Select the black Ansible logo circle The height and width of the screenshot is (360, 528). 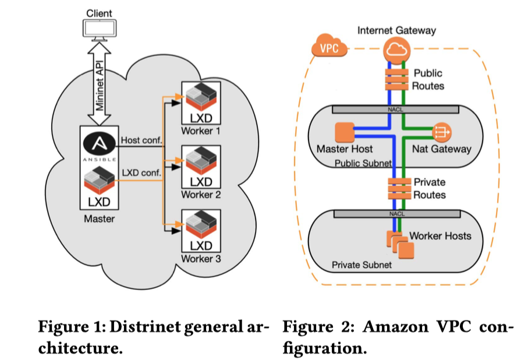click(99, 144)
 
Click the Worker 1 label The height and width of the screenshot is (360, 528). click(200, 131)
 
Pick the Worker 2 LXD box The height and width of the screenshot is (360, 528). click(200, 167)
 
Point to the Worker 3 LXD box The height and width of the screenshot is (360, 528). click(200, 231)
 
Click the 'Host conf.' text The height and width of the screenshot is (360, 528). click(141, 140)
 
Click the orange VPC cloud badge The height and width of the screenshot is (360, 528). click(329, 48)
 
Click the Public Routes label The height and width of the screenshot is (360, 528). click(428, 80)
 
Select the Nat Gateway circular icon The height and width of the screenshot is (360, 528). click(440, 132)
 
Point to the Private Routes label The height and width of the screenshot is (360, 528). click(429, 189)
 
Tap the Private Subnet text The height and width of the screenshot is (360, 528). click(362, 265)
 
